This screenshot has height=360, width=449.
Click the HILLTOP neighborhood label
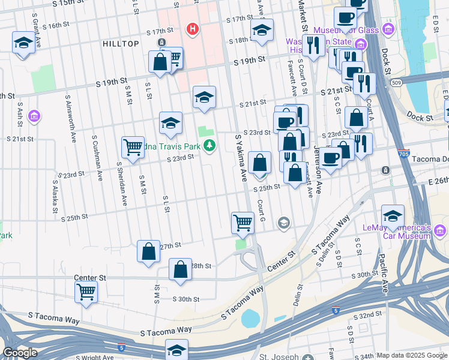click(x=121, y=44)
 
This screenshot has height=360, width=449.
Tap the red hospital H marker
click(x=192, y=28)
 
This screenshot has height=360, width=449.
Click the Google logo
click(x=20, y=353)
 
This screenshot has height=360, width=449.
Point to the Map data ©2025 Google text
click(x=412, y=355)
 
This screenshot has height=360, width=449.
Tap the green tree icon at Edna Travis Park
click(x=209, y=145)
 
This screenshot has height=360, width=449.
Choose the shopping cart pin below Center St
click(x=86, y=292)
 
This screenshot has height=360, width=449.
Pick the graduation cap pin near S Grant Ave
click(x=23, y=42)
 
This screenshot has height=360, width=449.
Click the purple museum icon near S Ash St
click(x=34, y=115)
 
